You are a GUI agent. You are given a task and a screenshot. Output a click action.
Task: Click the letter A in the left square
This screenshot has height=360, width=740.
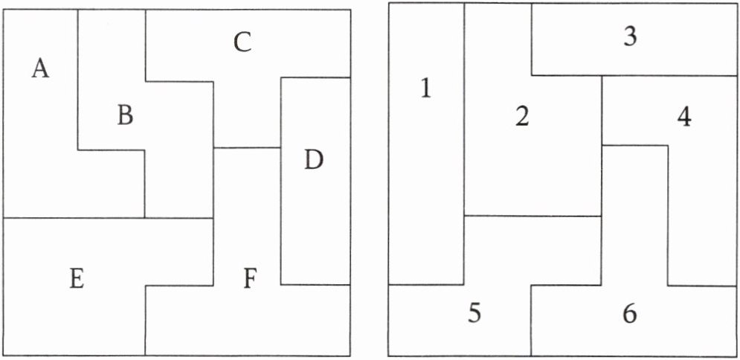pyautogui.click(x=41, y=69)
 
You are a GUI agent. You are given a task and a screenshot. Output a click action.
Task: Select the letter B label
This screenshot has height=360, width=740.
pyautogui.click(x=125, y=115)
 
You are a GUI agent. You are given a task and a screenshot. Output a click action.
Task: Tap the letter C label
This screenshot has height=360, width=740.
pyautogui.click(x=242, y=43)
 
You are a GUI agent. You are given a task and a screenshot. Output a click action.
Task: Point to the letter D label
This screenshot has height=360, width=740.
pyautogui.click(x=314, y=160)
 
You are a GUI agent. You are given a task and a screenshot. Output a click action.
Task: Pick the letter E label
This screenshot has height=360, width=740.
pyautogui.click(x=76, y=279)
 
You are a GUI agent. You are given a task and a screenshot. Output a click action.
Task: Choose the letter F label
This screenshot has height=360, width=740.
pyautogui.click(x=251, y=280)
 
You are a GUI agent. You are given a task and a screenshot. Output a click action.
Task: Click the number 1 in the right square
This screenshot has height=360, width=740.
pyautogui.click(x=425, y=89)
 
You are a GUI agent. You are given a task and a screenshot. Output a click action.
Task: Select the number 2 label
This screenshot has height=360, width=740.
pyautogui.click(x=522, y=116)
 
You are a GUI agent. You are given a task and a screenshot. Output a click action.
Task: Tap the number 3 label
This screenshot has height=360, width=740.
pyautogui.click(x=630, y=37)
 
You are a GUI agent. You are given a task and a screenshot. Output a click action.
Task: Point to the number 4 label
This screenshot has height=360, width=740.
pyautogui.click(x=683, y=117)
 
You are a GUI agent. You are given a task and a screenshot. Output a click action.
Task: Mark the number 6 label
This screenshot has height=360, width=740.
pyautogui.click(x=629, y=314)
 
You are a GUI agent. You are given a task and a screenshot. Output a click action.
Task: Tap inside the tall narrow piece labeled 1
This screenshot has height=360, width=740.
pyautogui.click(x=426, y=186)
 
